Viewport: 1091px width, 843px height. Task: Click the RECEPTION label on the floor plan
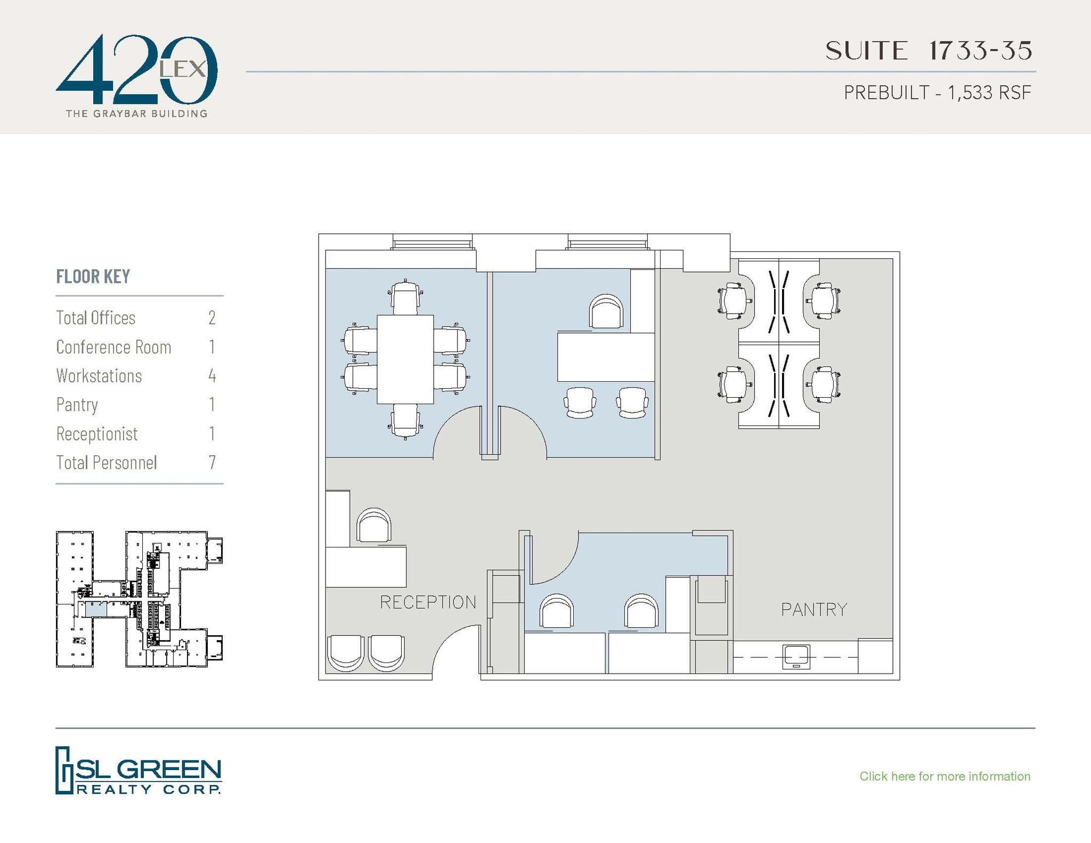[428, 602]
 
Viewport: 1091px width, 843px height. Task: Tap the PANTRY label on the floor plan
[813, 609]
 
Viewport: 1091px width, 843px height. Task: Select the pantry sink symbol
[796, 657]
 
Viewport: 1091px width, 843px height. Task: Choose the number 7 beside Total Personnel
[212, 462]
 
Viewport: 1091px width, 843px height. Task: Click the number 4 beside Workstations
[212, 376]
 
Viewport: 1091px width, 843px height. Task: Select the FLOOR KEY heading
[93, 276]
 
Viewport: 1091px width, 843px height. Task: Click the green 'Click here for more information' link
[945, 776]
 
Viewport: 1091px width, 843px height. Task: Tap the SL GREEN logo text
[149, 771]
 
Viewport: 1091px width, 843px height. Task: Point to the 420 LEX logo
[136, 70]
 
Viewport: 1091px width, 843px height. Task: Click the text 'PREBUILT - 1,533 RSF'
[937, 93]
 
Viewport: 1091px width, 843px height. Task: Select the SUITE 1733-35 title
[929, 51]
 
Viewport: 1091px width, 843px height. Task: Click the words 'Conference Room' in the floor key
[113, 347]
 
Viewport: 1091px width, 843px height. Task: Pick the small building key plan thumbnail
[139, 599]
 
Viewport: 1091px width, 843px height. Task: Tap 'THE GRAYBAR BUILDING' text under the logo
[136, 113]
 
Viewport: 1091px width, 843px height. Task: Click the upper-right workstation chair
[823, 301]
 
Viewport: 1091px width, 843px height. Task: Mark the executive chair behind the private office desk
[606, 312]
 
